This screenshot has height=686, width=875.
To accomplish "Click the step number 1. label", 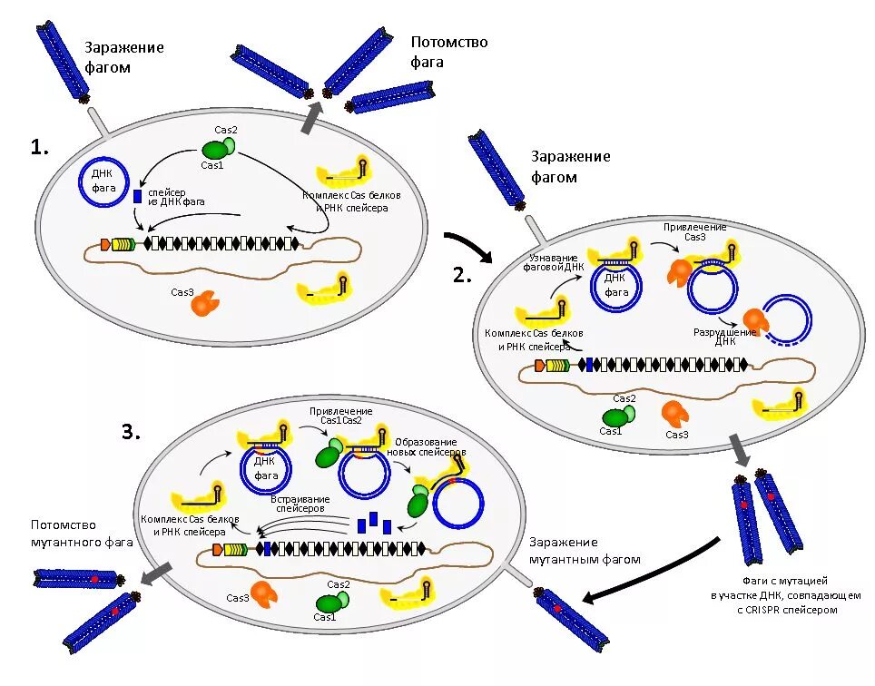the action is coord(39,148).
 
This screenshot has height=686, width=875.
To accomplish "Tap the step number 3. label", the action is coord(131,432).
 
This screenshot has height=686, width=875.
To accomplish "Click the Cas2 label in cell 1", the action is coord(226,130).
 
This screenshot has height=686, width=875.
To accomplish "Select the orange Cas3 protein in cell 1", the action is coord(205,303).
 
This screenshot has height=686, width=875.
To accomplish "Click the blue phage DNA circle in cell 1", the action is coord(103,181).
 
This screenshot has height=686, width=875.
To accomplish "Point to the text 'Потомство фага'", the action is coord(449,52).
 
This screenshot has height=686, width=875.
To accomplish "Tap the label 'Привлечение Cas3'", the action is coord(694,232).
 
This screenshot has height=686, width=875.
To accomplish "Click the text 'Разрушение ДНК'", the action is coord(725,337).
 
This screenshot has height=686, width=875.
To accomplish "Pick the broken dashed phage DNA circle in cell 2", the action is coord(786,320).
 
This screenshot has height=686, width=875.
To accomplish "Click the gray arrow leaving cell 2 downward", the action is coord(740,451).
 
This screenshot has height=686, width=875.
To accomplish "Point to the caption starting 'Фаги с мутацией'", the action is coord(785,595).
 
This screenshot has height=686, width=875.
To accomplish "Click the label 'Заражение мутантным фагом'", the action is coord(585,551).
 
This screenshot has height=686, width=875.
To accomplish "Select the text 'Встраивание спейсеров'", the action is coord(300,504).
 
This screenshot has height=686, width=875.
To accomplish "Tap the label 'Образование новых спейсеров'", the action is coord(427,446).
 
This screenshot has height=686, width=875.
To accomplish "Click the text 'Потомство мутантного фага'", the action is coord(82,534).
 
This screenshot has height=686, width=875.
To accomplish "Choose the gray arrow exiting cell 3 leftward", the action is coord(155,573).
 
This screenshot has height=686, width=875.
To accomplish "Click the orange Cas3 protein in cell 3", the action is coord(264,593).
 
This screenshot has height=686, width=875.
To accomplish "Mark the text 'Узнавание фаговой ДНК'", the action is coord(553,262).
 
